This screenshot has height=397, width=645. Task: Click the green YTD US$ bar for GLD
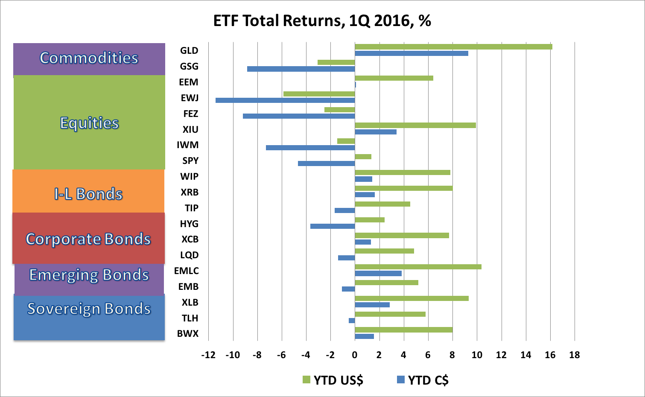[453, 47]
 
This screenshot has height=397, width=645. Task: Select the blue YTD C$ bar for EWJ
[285, 100]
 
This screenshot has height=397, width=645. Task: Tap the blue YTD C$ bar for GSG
[301, 69]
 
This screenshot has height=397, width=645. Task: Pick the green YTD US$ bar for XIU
[415, 125]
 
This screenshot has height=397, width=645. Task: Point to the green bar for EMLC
[418, 267]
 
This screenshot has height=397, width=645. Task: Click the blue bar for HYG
[333, 226]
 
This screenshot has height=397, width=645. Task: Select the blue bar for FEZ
[299, 116]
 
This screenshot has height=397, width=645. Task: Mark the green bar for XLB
[412, 298]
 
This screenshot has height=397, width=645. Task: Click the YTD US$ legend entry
[333, 380]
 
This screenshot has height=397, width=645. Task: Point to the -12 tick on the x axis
[208, 355]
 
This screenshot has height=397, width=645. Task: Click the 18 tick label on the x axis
[575, 355]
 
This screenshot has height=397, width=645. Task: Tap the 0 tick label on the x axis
[355, 355]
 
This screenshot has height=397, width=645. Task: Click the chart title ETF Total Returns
[322, 20]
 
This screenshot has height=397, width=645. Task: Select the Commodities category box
[89, 58]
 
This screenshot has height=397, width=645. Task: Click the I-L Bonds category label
[88, 194]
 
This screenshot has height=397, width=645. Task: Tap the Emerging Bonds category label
[89, 275]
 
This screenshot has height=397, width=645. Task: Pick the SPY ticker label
[190, 161]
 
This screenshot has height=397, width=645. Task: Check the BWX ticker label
[188, 334]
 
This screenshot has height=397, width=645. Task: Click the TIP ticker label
[191, 208]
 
